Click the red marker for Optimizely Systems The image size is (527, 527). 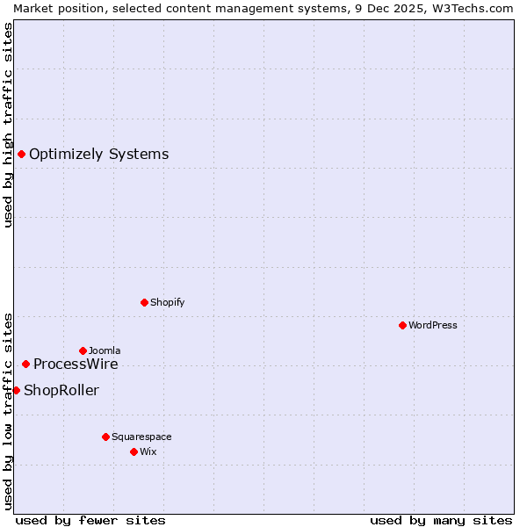click(21, 155)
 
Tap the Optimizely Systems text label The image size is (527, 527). click(98, 155)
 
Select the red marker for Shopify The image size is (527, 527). click(144, 302)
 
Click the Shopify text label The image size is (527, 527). click(167, 303)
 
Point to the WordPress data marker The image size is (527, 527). click(402, 325)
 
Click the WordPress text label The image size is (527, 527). click(432, 326)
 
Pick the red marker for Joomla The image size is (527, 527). click(83, 350)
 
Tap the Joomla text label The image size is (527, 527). click(105, 351)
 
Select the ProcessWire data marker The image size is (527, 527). click(25, 364)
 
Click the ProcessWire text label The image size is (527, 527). click(76, 365)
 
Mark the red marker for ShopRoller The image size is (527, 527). click(16, 390)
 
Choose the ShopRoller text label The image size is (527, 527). click(61, 391)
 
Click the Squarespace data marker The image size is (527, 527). click(105, 437)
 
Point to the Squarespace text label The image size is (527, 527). click(141, 437)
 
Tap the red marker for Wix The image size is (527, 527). click(134, 451)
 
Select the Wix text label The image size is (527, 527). click(148, 452)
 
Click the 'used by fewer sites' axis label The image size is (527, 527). click(90, 520)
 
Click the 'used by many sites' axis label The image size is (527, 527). click(441, 520)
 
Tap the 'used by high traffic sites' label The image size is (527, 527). click(8, 125)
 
